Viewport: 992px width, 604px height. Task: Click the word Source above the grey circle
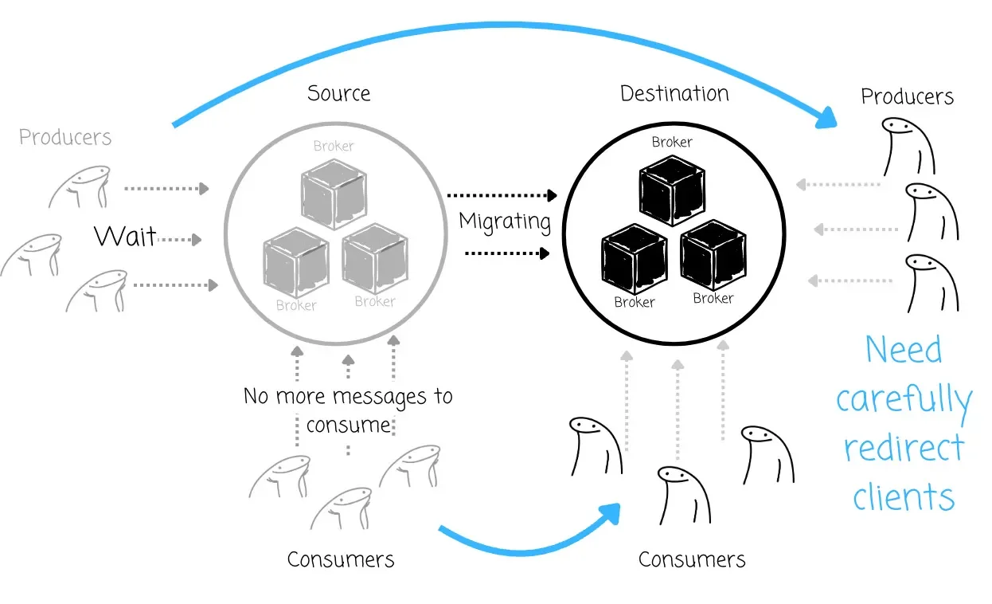tap(339, 93)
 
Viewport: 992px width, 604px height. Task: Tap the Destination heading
tap(674, 93)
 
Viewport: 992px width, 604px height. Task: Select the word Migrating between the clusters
tap(505, 221)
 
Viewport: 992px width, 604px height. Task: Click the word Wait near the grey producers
tap(125, 236)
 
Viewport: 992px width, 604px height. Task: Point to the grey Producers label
tap(65, 137)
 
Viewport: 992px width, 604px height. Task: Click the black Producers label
tap(907, 97)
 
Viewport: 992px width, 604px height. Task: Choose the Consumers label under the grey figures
tap(341, 559)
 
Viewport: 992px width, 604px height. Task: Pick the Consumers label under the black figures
tap(692, 559)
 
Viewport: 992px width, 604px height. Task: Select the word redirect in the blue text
tap(904, 449)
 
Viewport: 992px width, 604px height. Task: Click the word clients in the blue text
tap(904, 498)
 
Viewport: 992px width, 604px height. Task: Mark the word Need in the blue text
tap(904, 350)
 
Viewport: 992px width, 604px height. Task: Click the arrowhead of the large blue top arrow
tap(828, 119)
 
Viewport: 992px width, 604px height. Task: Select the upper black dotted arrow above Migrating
tap(501, 194)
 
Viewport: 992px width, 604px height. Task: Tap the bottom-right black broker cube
tap(713, 255)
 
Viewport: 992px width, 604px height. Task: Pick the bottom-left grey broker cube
tap(295, 263)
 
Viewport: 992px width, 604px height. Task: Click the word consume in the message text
tap(348, 424)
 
